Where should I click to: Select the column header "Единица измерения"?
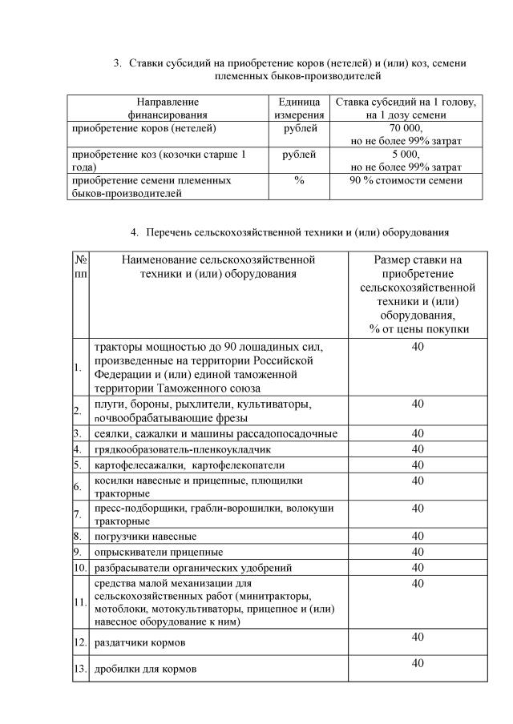click(299, 109)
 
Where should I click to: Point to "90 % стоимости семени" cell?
click(406, 181)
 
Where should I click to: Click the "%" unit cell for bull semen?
click(299, 181)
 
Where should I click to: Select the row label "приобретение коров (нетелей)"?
click(144, 128)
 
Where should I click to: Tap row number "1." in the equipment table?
click(78, 368)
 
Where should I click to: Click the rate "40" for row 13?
click(417, 663)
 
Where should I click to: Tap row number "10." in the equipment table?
click(79, 568)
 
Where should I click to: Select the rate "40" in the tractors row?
click(417, 347)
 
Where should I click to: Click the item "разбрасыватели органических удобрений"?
click(193, 568)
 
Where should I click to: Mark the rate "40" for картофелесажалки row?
click(417, 465)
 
